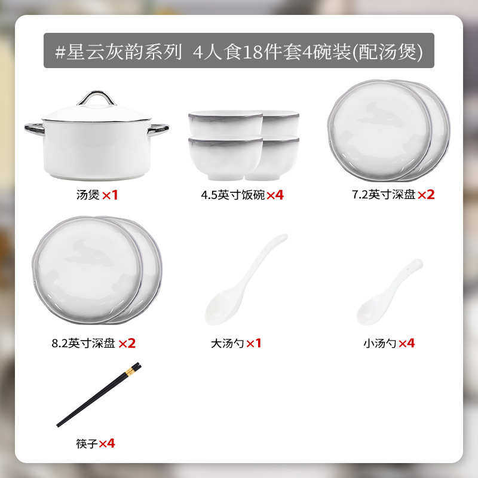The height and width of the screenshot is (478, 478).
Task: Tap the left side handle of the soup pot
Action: coord(35,128)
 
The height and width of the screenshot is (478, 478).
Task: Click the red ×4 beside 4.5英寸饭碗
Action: coord(274,195)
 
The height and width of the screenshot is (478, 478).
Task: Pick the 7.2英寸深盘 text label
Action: coord(383,195)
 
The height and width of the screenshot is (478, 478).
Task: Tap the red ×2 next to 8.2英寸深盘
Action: coord(127,343)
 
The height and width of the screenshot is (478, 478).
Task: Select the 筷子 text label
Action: coord(87,443)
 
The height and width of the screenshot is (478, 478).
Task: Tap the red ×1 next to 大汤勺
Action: coord(254,343)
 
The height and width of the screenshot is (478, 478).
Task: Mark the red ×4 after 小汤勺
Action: coord(406,343)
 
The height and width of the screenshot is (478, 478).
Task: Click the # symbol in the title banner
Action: coord(60,51)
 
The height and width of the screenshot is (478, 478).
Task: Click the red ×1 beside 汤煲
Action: coord(110,195)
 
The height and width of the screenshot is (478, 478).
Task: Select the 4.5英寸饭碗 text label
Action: coord(233,195)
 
